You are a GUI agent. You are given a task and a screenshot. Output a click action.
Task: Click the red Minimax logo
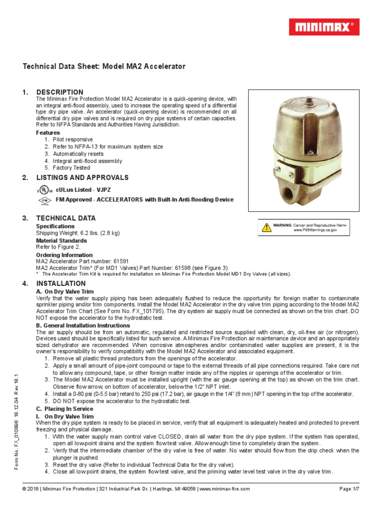pyautogui.click(x=324, y=27)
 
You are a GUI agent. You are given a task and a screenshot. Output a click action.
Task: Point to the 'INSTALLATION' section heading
pyautogui.click(x=61, y=283)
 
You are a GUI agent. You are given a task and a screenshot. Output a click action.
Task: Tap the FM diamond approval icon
pyautogui.click(x=44, y=200)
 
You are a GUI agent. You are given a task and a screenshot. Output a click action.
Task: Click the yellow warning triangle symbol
pyautogui.click(x=265, y=227)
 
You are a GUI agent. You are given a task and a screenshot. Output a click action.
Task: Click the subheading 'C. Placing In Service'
pyautogui.click(x=65, y=409)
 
